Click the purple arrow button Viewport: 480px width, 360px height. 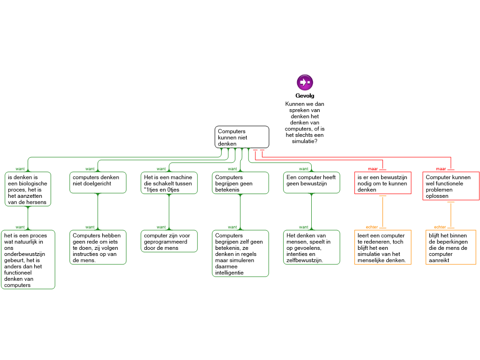(x=305, y=82)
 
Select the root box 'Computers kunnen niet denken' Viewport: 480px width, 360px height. (x=242, y=137)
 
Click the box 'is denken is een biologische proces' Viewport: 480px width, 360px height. (x=28, y=189)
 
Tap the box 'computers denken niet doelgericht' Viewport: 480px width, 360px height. (x=98, y=182)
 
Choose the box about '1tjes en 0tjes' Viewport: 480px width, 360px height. (x=169, y=182)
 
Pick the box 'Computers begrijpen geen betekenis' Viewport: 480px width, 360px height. (x=240, y=182)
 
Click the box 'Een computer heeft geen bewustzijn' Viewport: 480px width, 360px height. (x=311, y=182)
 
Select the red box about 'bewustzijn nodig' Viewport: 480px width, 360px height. (x=382, y=183)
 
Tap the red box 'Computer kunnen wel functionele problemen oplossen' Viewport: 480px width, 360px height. (x=451, y=186)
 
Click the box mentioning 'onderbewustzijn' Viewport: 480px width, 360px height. (x=28, y=259)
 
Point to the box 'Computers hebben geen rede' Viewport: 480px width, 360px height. (x=98, y=247)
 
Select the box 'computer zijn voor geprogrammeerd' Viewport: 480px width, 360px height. (x=169, y=241)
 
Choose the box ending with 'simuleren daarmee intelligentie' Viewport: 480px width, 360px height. (x=240, y=253)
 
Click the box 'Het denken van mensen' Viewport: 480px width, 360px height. (x=311, y=247)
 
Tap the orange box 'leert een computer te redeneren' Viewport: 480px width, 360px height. (x=382, y=247)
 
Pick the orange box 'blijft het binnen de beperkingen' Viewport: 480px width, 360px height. (x=451, y=247)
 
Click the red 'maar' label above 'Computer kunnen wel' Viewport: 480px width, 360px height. (x=441, y=169)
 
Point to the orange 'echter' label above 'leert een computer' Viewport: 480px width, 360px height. (x=372, y=227)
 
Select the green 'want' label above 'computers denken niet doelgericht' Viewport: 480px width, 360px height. (x=90, y=169)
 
